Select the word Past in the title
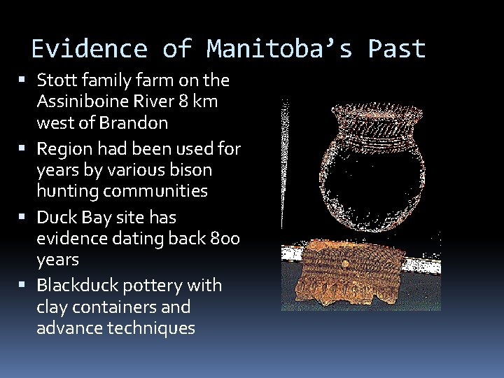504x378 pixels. [397, 49]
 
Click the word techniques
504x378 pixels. [150, 328]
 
